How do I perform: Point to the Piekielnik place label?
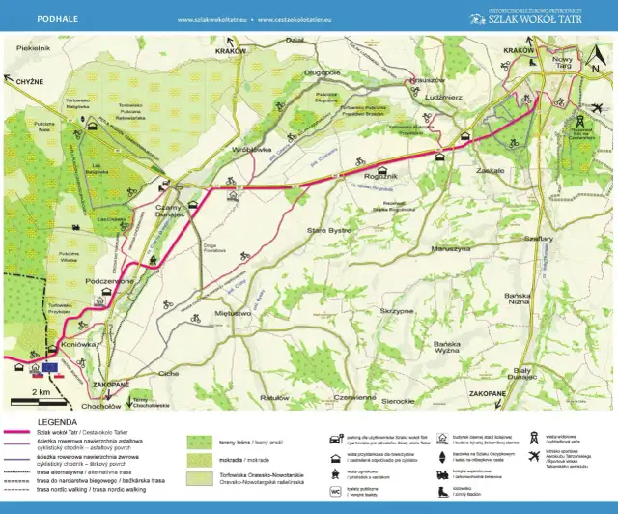(33, 47)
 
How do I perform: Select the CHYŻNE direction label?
(31, 84)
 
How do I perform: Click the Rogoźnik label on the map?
(381, 176)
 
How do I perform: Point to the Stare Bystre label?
(329, 230)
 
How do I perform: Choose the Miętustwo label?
(233, 313)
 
